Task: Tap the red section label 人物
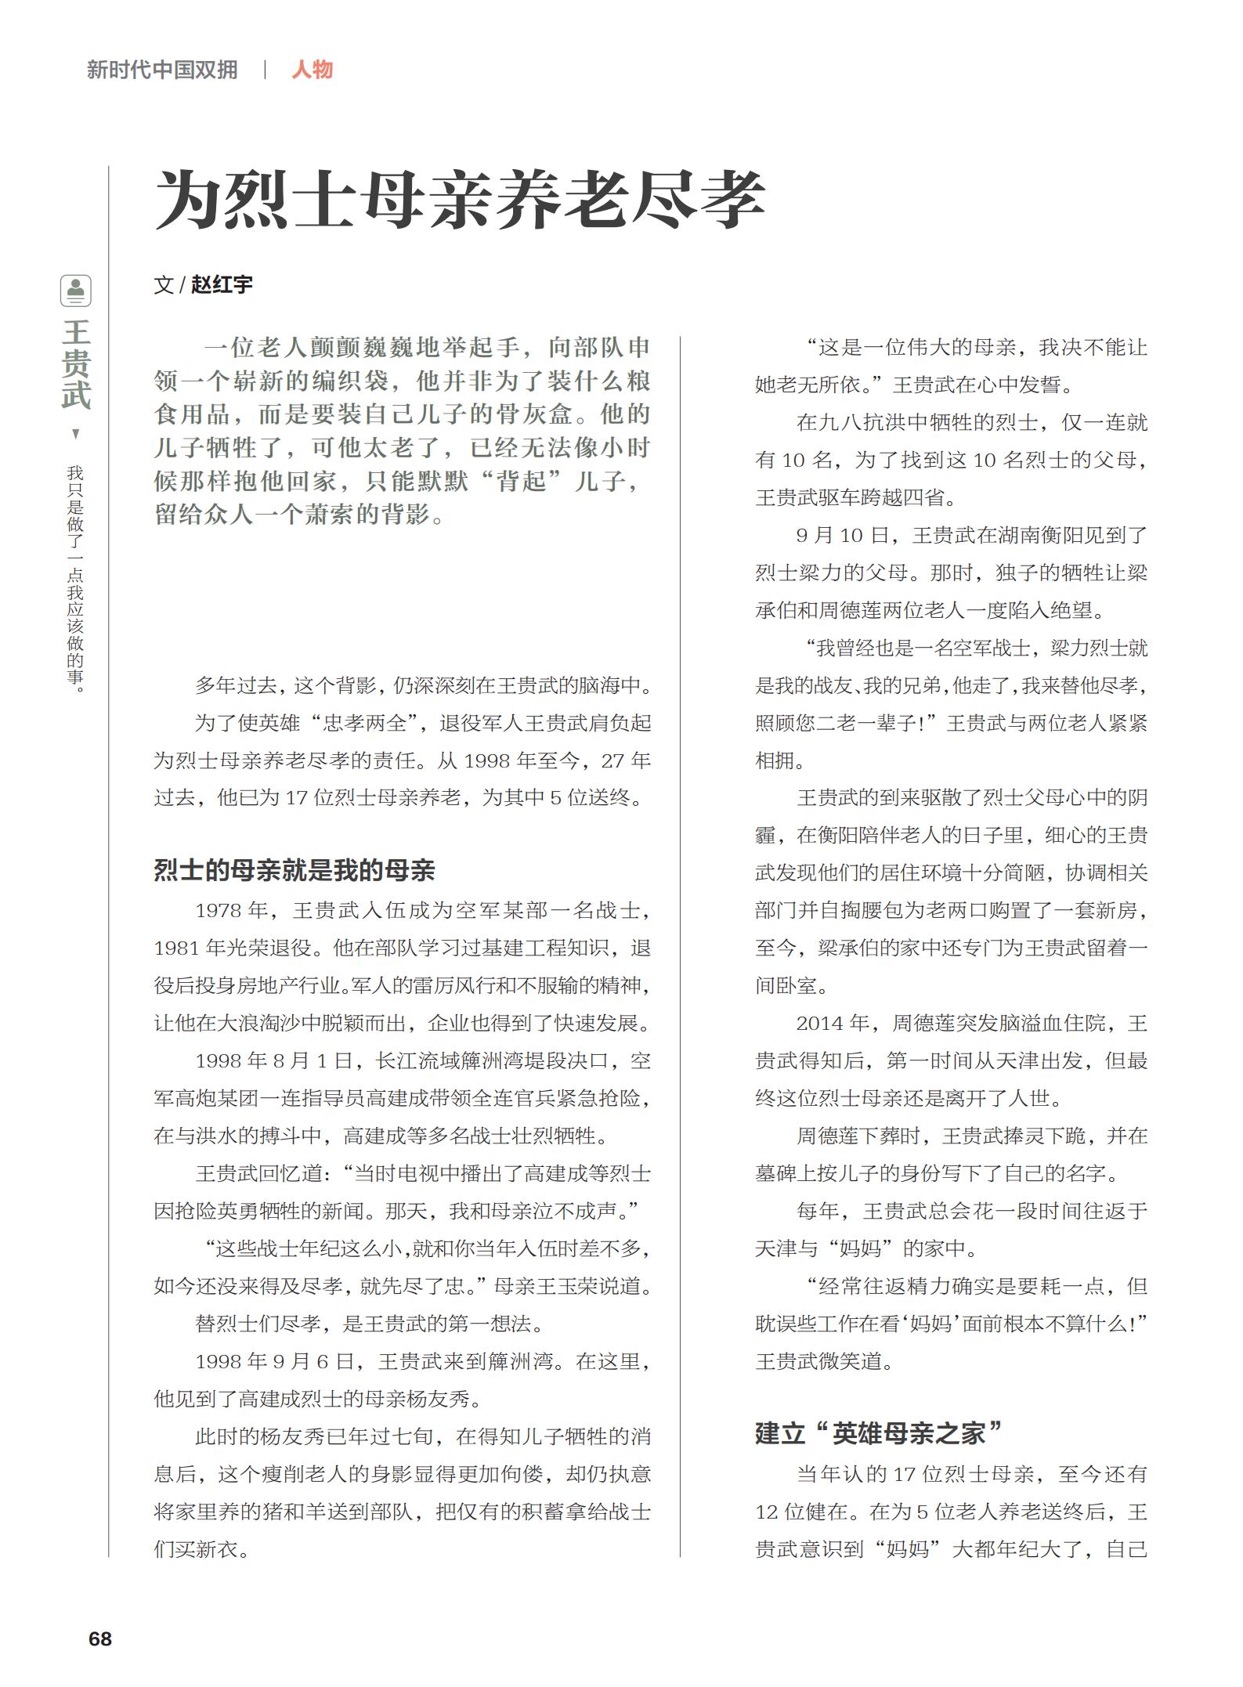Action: (x=312, y=70)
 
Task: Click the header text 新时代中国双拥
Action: (x=162, y=70)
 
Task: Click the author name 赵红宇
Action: (x=222, y=284)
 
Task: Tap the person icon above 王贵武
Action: (x=76, y=291)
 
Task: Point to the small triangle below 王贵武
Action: (x=76, y=434)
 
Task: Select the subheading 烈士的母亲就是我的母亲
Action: (x=294, y=870)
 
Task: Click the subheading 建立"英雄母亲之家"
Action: (x=878, y=1433)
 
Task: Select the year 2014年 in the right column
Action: (x=833, y=1023)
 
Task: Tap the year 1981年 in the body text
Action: (x=190, y=948)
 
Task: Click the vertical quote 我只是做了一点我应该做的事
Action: (x=76, y=580)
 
